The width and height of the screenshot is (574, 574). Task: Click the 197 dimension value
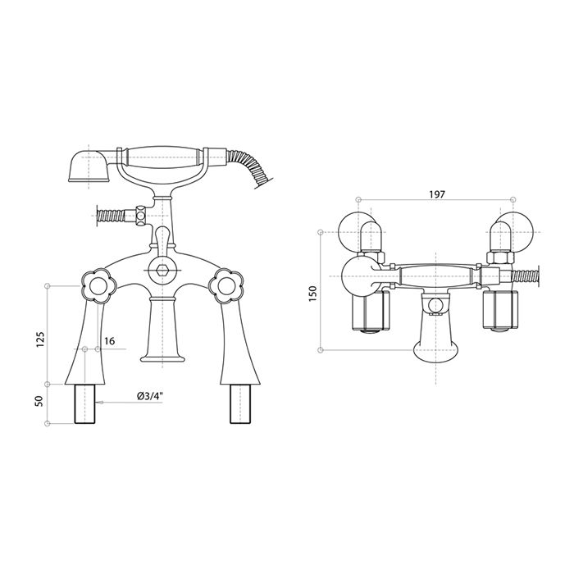[437, 194]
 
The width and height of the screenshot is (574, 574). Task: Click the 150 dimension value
[312, 294]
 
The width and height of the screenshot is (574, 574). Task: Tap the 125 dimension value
[40, 339]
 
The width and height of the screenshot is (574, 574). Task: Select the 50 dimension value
[40, 401]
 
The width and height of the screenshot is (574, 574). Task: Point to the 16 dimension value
[109, 341]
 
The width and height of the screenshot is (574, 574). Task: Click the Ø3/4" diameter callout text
[150, 396]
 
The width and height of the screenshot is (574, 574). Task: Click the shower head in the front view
[88, 165]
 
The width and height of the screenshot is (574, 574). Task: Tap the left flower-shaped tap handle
[98, 286]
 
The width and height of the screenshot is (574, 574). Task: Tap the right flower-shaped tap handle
[225, 286]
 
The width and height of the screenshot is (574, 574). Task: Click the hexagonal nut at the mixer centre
[162, 270]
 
